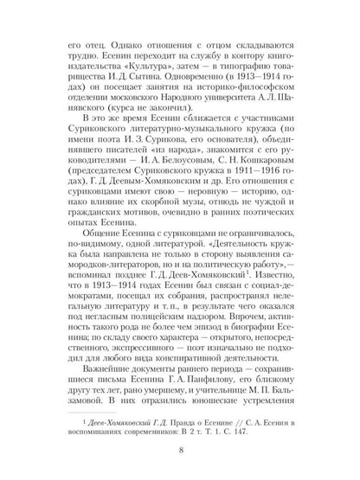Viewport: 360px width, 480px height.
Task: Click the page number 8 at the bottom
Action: coord(179,450)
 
